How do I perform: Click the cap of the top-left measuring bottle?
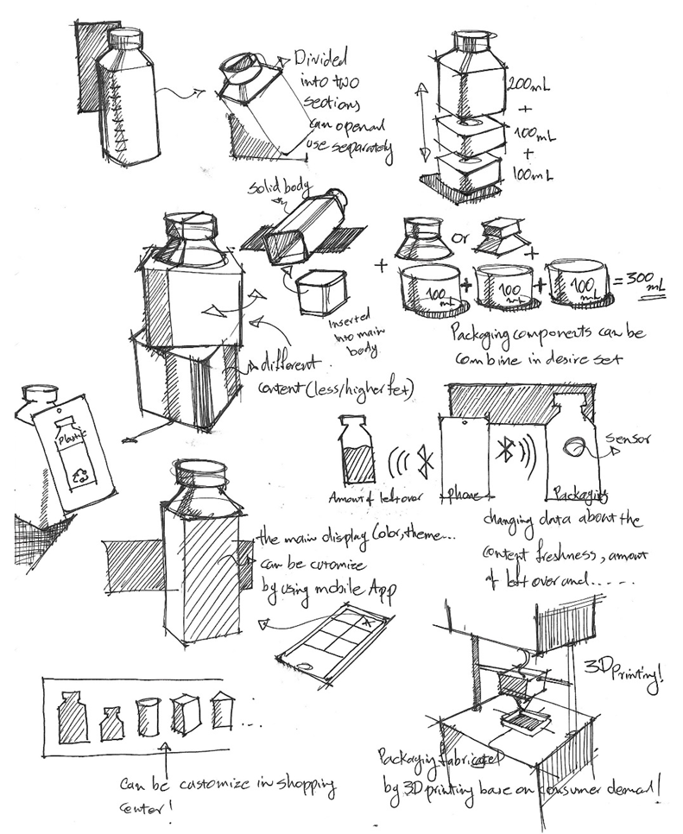pos(127,36)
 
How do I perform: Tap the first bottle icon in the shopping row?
pos(73,716)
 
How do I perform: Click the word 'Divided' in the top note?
pos(323,60)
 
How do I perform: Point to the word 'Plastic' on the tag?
pos(68,437)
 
